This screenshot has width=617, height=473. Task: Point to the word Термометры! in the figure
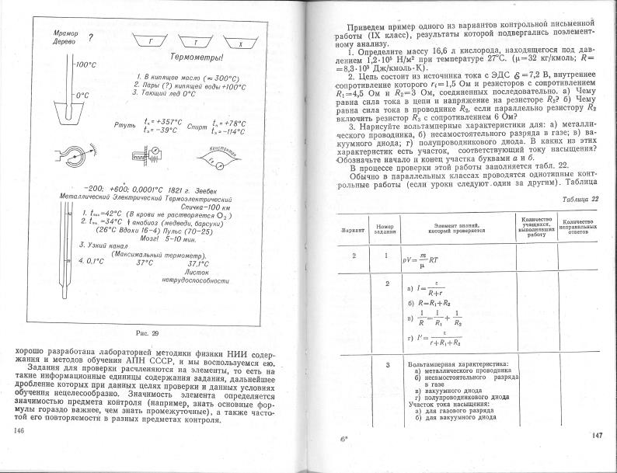[200, 59]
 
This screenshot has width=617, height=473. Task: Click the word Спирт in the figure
[197, 123]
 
